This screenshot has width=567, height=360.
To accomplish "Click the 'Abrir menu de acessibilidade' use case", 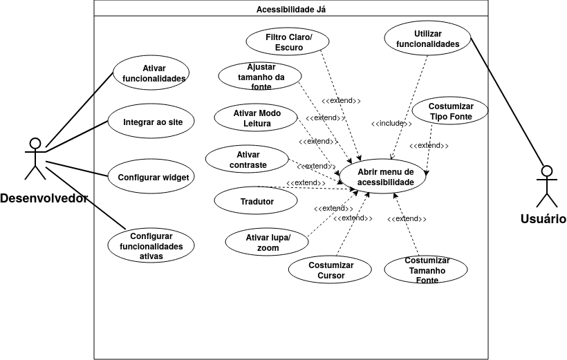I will tap(385, 177).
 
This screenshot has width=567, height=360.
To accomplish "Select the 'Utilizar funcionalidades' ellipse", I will tap(427, 39).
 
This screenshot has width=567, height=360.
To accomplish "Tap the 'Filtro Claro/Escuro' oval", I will tap(289, 42).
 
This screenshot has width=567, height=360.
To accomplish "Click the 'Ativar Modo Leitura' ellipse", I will tap(257, 119).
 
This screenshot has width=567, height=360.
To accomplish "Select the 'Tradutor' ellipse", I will tap(257, 202).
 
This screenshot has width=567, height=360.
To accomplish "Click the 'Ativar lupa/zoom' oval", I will tap(268, 242).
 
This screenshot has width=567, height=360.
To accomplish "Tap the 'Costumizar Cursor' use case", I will tap(331, 271).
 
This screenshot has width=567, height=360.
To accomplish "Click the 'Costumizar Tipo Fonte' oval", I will tap(450, 112).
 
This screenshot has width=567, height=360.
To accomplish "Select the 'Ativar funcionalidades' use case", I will tap(154, 73).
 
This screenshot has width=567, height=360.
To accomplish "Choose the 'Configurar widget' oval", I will tap(152, 177).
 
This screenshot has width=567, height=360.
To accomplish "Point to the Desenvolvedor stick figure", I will tap(35, 159).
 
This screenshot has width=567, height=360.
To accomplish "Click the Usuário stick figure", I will tap(546, 187).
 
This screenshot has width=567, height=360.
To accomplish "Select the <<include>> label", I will tap(391, 123).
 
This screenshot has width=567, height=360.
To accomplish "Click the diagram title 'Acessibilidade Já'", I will tap(290, 9).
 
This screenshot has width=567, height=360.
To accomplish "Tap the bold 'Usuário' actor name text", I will tap(543, 219).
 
